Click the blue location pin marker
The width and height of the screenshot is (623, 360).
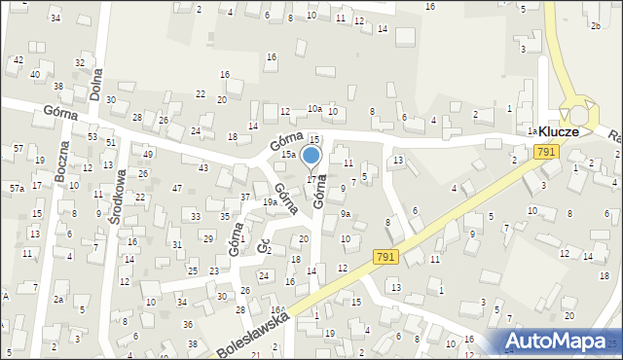tap(311, 157)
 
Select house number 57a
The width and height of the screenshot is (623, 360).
tap(18, 188)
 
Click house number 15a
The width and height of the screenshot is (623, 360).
tap(288, 155)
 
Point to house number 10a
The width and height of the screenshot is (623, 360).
tap(314, 108)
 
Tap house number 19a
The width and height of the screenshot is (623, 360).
tap(270, 201)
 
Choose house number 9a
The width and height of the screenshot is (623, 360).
tap(345, 214)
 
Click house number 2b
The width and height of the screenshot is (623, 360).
tap(595, 26)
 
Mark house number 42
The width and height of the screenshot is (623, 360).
tap(18, 60)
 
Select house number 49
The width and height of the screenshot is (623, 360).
tap(148, 154)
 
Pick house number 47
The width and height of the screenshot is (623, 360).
tap(176, 188)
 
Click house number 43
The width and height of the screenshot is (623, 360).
tap(202, 168)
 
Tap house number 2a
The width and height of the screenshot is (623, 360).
tap(58, 300)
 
